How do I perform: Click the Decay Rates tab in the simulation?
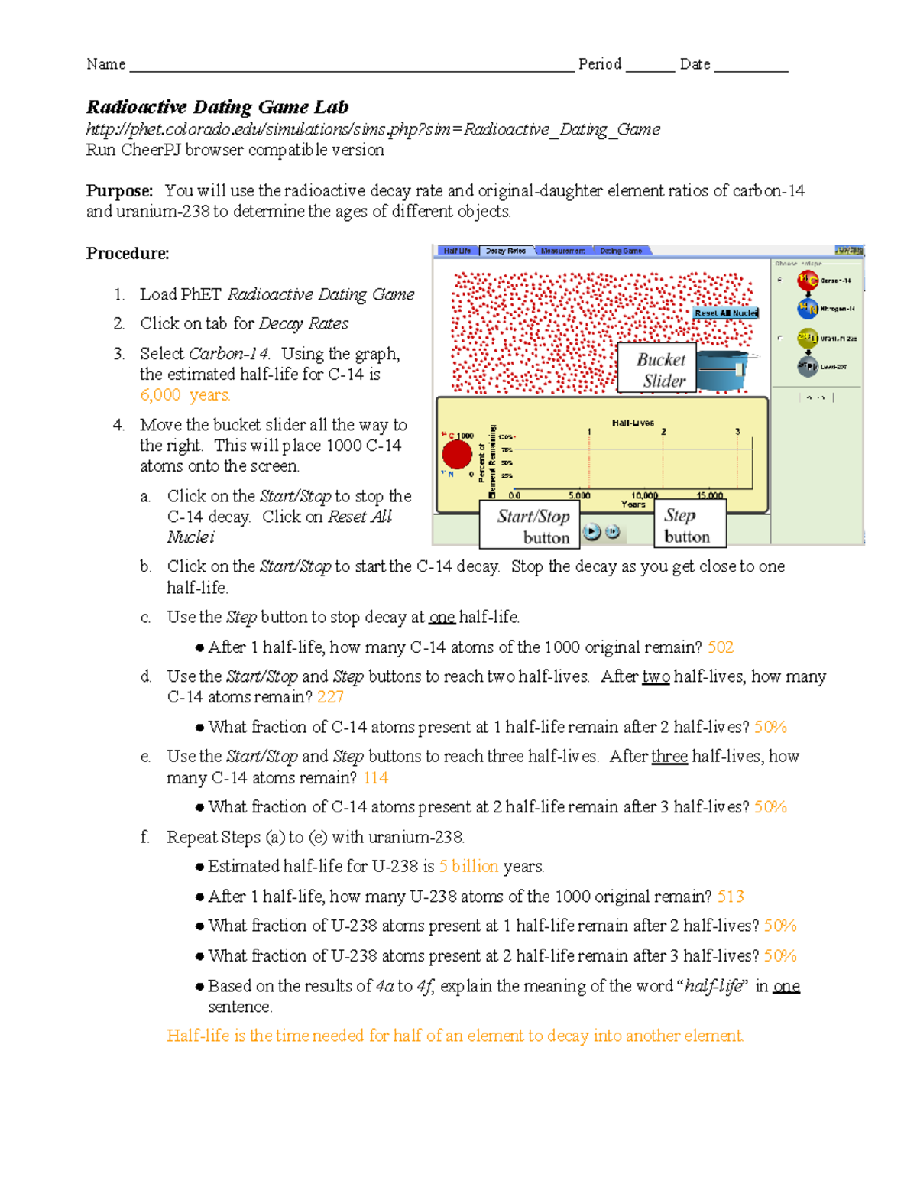pos(505,251)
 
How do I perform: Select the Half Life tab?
pos(457,251)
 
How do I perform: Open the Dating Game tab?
pos(621,251)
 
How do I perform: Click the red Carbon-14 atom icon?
pos(807,281)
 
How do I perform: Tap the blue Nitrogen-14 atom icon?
pos(807,309)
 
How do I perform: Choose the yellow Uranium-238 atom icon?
pos(807,338)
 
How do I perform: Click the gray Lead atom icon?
pos(807,367)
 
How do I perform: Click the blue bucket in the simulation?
pos(722,370)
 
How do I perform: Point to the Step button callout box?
pos(689,526)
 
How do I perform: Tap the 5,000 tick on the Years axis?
pos(579,495)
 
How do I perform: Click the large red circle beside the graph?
pos(457,454)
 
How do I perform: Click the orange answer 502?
pos(721,647)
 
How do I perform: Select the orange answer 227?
pos(330,697)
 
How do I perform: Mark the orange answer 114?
pos(375,778)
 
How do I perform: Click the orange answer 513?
pos(731,897)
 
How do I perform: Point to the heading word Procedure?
pos(128,254)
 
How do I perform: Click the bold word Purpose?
pos(119,191)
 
